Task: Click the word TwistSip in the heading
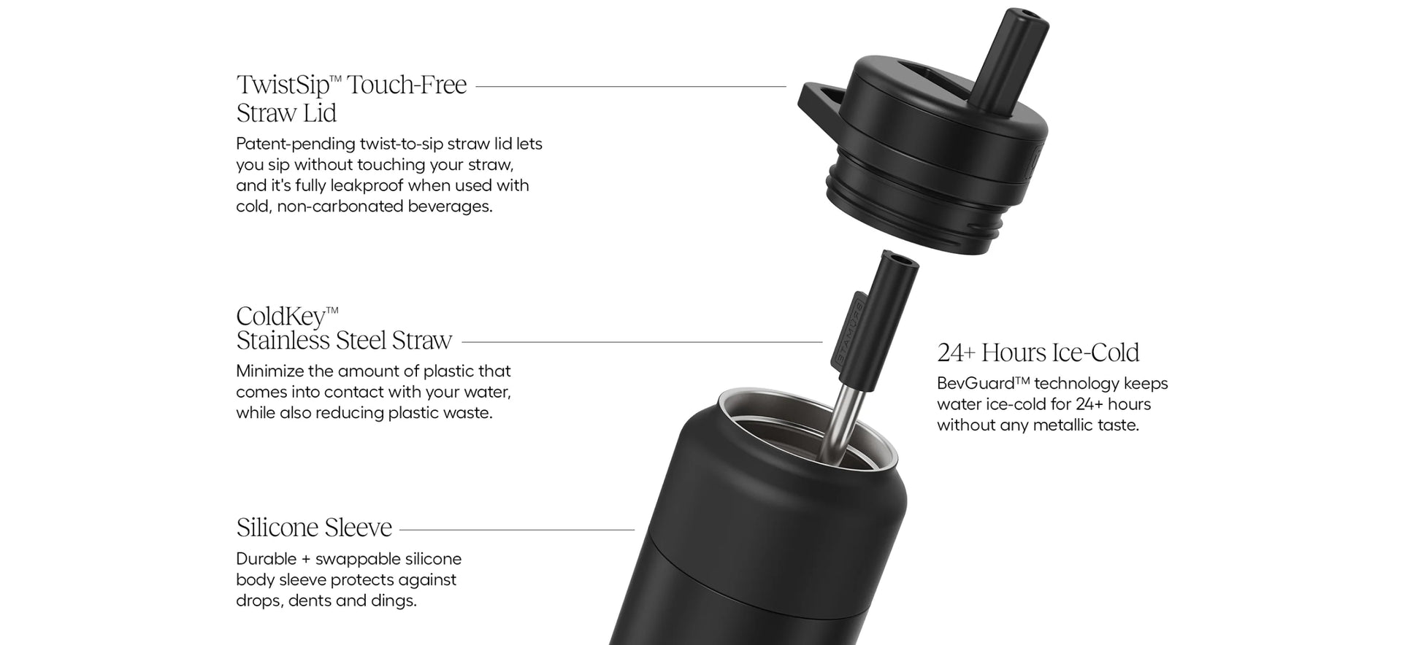283,85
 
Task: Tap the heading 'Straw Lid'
286,113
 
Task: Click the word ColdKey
280,316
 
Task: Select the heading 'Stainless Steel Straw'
344,341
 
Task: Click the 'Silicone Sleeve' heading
314,527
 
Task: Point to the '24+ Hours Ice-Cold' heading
1038,352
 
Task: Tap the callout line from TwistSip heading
631,86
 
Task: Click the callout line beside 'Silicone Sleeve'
517,530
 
